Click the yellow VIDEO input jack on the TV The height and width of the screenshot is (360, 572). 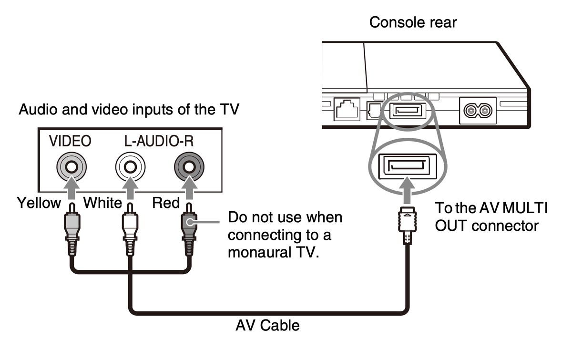pyautogui.click(x=71, y=167)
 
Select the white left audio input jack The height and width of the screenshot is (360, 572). pyautogui.click(x=129, y=167)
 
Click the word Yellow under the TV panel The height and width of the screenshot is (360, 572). pyautogui.click(x=39, y=203)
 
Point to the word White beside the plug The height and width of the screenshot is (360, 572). pyautogui.click(x=102, y=203)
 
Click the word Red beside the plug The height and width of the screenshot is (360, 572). pyautogui.click(x=165, y=203)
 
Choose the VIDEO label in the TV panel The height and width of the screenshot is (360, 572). pyautogui.click(x=70, y=141)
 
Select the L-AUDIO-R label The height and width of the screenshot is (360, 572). pyautogui.click(x=158, y=141)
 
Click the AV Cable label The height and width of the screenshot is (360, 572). pyautogui.click(x=268, y=326)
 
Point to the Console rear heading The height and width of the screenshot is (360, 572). pyautogui.click(x=413, y=22)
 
